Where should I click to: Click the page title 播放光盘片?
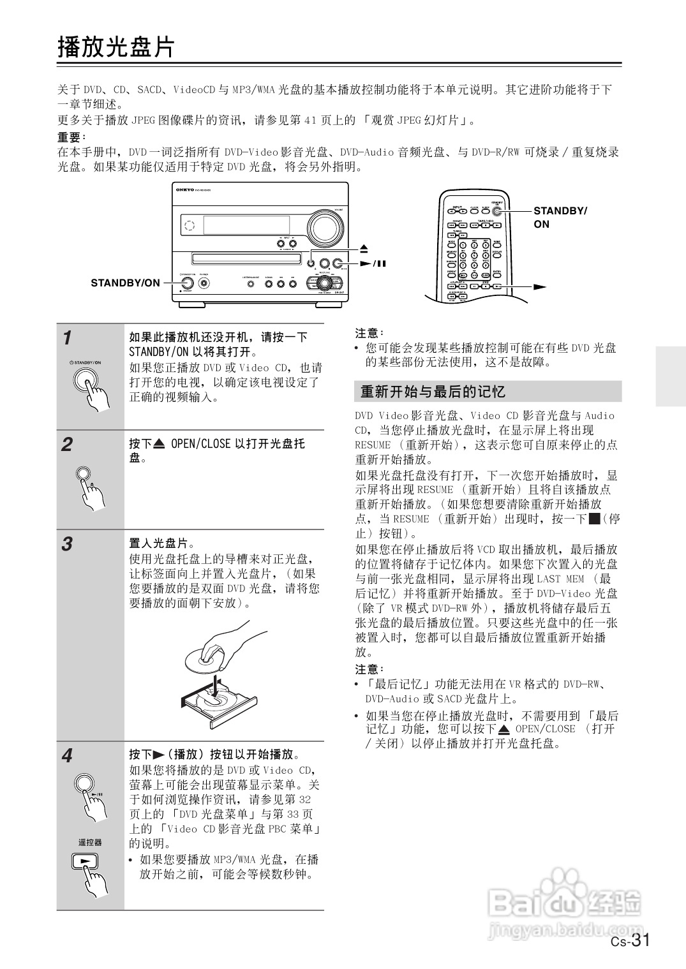116,47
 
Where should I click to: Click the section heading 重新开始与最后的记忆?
433,391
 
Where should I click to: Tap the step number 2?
66,445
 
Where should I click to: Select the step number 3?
66,544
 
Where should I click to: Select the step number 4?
66,756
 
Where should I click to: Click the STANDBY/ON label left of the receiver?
125,283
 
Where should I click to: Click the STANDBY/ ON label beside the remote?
560,217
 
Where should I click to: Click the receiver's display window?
246,225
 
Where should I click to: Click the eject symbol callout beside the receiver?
363,248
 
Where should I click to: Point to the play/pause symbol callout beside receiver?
373,263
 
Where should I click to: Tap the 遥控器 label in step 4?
90,842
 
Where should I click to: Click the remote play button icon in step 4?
86,861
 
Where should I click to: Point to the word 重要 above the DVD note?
70,137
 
